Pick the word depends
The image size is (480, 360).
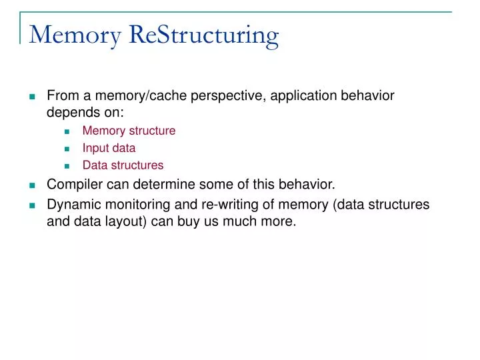[x=71, y=113]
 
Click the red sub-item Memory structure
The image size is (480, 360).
[x=129, y=131]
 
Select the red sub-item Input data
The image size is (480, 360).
[x=109, y=148]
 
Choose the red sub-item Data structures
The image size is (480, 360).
[x=123, y=165]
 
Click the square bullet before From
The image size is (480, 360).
[x=31, y=97]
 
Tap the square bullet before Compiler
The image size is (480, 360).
[x=31, y=186]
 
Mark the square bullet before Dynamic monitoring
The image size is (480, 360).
[x=31, y=206]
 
